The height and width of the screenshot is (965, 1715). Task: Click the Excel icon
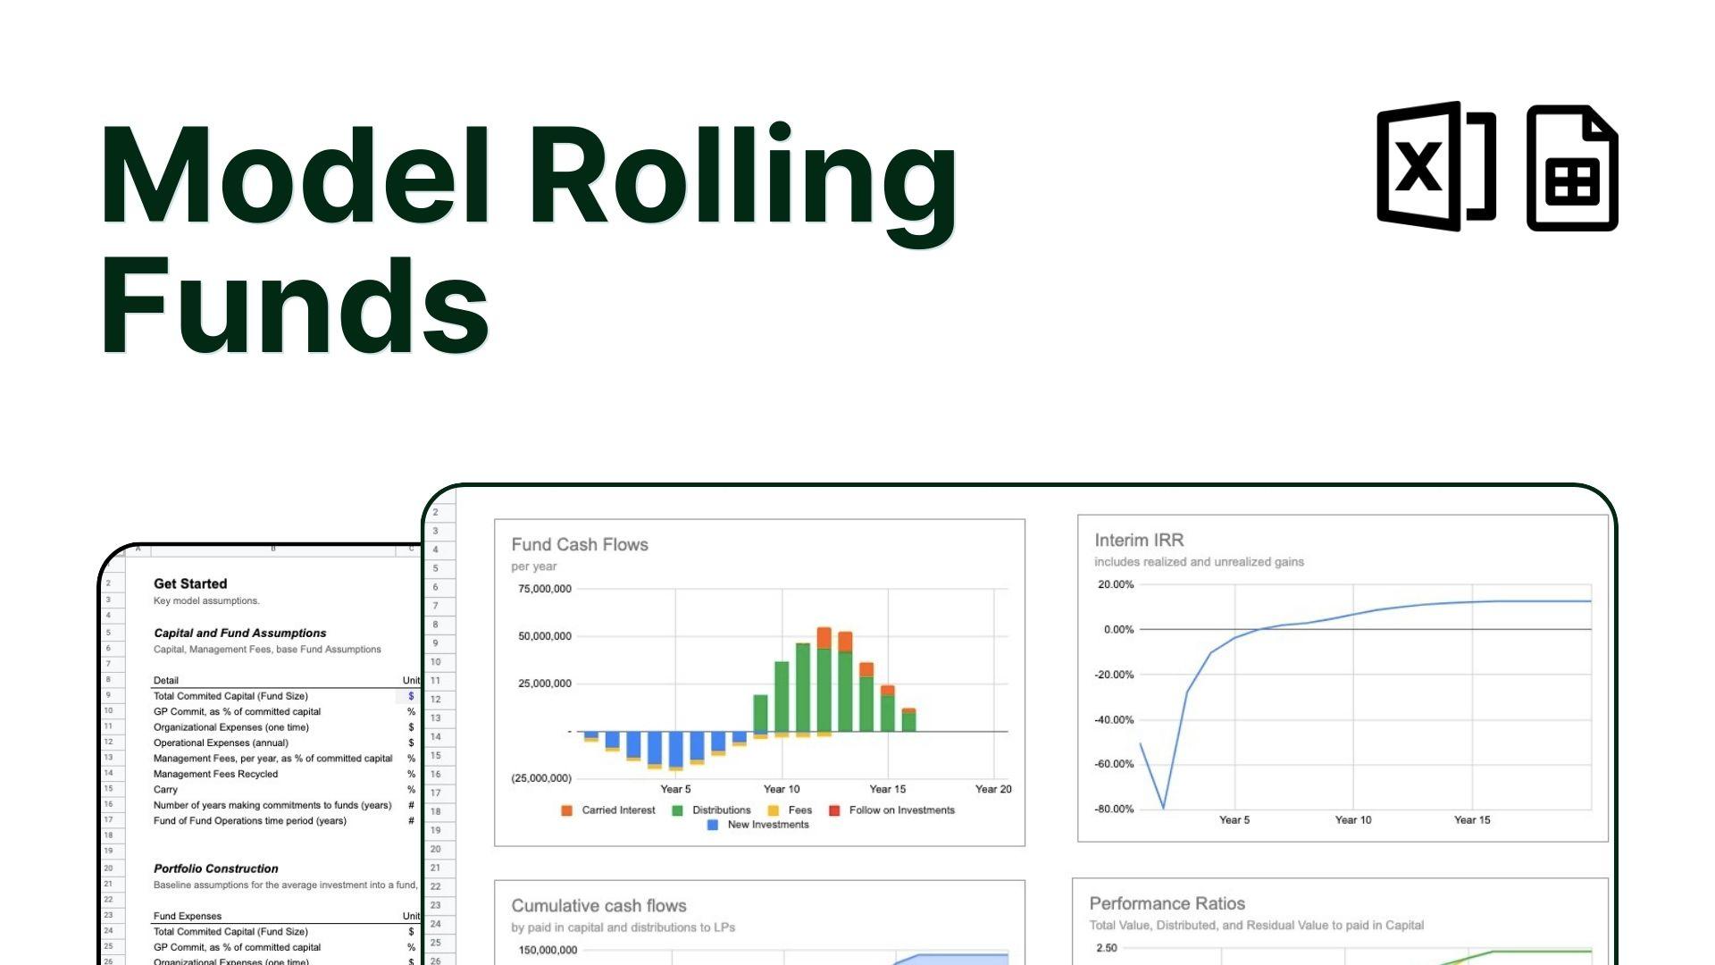coord(1435,167)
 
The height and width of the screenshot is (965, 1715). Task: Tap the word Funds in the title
coord(295,306)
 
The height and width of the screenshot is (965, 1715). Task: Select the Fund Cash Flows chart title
coord(580,545)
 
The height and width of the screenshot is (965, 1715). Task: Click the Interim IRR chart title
coord(1139,541)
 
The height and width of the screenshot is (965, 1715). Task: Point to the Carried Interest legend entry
coord(617,810)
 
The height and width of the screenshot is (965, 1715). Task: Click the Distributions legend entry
coord(721,810)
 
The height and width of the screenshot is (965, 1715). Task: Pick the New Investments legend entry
coord(767,825)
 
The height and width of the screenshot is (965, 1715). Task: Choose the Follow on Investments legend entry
coord(901,810)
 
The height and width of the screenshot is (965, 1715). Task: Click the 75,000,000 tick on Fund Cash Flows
coord(545,589)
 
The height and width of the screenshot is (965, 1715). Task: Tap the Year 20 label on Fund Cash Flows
coord(993,789)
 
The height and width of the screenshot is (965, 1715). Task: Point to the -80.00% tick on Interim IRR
coord(1114,810)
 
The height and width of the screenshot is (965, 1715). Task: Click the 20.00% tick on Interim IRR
coord(1116,585)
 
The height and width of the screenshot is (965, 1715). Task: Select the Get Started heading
coord(190,584)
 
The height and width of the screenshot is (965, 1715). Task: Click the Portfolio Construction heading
coord(216,868)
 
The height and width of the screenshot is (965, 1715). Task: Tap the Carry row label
coord(166,790)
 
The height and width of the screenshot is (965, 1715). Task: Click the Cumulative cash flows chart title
coord(598,906)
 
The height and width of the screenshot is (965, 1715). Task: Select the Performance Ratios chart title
coord(1167,904)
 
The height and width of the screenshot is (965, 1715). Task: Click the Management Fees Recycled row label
coord(215,775)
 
